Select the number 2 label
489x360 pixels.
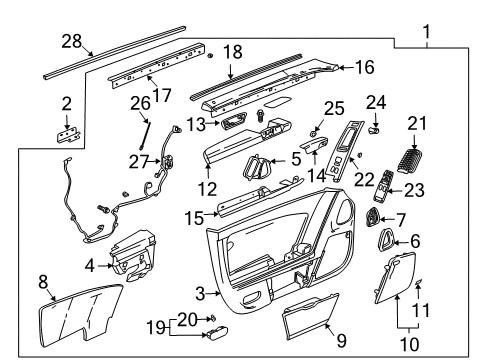point(66,102)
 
